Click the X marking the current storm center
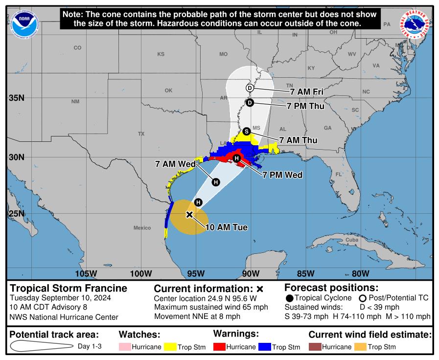coord(190,214)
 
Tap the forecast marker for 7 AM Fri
coord(250,88)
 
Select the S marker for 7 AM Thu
coord(247,131)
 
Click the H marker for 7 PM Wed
coord(236,158)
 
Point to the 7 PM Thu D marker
coord(250,103)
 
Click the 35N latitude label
coord(16,98)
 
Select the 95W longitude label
coord(196,273)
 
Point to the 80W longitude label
coord(360,273)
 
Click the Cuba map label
coord(352,240)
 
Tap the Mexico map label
coord(142,228)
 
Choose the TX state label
coord(141,134)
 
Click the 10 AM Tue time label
coord(226,227)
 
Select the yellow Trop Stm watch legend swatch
coord(170,347)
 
